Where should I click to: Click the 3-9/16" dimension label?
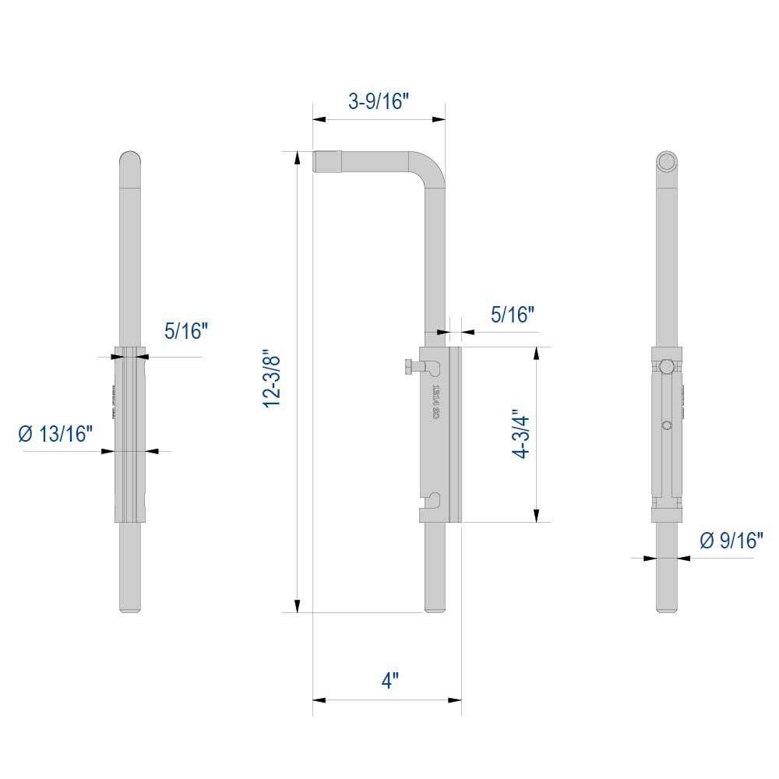[x=379, y=101]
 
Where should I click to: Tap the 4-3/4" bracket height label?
[x=521, y=435]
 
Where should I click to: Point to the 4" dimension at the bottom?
[x=389, y=680]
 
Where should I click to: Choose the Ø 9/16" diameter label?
[x=731, y=541]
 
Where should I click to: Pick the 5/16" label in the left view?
[x=186, y=332]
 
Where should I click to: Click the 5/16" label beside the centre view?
[x=512, y=315]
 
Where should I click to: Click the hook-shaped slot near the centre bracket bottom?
[x=435, y=498]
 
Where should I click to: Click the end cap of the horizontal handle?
[x=326, y=161]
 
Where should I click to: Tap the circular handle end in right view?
[x=666, y=161]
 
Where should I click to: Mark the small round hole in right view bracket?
[x=666, y=425]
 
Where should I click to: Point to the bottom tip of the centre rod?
[x=435, y=608]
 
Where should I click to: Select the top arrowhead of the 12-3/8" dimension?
[x=297, y=157]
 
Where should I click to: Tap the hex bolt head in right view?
[x=666, y=366]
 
